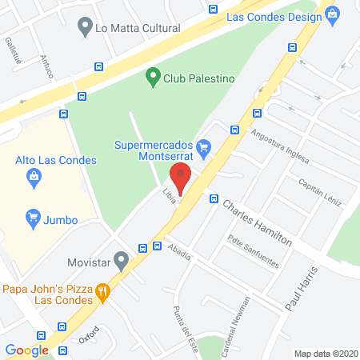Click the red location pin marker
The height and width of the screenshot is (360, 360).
click(182, 178)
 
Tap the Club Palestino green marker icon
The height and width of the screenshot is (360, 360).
click(153, 78)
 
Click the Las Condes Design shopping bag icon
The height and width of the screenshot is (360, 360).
click(331, 14)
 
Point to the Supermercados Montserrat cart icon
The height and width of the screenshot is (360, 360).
click(204, 146)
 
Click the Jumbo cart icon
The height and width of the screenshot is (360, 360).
click(33, 216)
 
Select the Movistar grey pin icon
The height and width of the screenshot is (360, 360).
click(122, 260)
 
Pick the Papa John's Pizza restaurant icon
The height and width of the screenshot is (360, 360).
click(102, 292)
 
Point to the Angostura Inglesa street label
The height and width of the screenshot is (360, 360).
click(279, 146)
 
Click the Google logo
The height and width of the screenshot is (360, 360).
click(27, 350)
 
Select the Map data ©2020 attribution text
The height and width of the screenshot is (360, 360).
click(326, 354)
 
